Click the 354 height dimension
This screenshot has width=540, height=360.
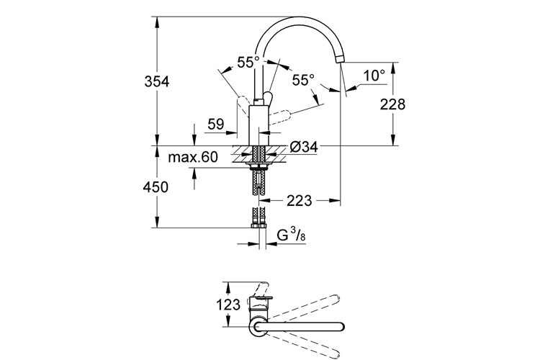156,82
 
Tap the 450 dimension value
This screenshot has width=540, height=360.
156,187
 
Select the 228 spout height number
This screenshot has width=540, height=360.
392,104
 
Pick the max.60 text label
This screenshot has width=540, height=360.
193,158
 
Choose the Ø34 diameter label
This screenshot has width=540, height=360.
304,148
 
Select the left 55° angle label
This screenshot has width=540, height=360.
248,63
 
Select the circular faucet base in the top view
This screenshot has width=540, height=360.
258,327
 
